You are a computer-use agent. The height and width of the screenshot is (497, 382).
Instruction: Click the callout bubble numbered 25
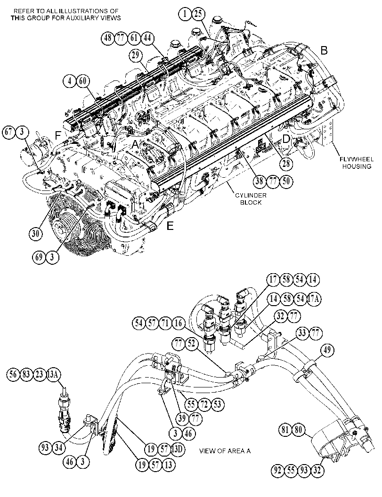coord(198,14)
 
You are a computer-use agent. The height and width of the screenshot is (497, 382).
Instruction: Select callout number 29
coord(136,55)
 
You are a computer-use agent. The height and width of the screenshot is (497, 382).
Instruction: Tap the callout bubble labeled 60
coord(82,81)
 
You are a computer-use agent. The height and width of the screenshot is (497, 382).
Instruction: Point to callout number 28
coord(286,163)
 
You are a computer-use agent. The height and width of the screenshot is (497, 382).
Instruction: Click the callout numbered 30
coord(35,234)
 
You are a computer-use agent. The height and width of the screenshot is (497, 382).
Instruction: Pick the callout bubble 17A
coord(314,299)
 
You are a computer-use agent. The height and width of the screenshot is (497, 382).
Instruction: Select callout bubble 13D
coord(178,449)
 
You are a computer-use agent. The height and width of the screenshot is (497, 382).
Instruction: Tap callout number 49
coord(327,351)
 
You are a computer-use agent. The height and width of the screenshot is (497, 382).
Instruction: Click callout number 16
coord(179,323)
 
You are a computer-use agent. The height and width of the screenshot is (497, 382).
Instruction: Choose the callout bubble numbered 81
coord(285,430)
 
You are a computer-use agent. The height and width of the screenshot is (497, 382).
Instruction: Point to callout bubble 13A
coord(53,374)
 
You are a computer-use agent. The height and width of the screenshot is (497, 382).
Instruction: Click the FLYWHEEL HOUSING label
coord(357,163)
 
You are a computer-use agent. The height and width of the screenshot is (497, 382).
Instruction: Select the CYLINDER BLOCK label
coord(251,199)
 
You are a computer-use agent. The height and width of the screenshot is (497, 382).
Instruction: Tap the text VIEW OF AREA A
coord(225,451)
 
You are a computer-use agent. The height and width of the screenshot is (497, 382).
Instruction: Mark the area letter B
coord(324,50)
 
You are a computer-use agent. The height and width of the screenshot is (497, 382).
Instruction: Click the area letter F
coord(58,136)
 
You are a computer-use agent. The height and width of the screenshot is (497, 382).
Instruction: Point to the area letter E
coord(170,226)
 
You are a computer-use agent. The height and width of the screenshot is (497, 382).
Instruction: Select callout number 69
coord(39,257)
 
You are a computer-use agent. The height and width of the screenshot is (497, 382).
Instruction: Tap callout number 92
coord(278,470)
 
